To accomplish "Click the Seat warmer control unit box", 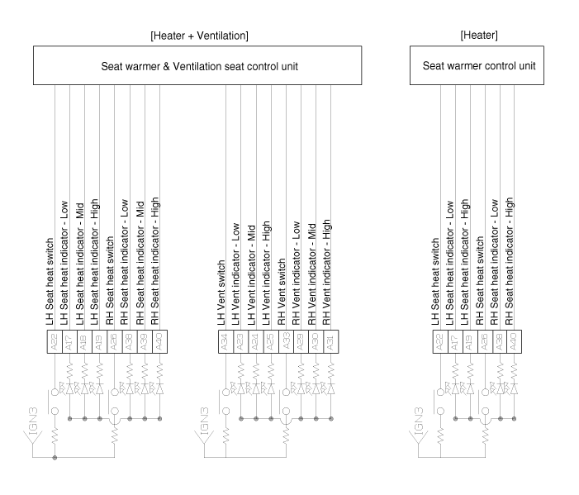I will coord(477,66).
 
